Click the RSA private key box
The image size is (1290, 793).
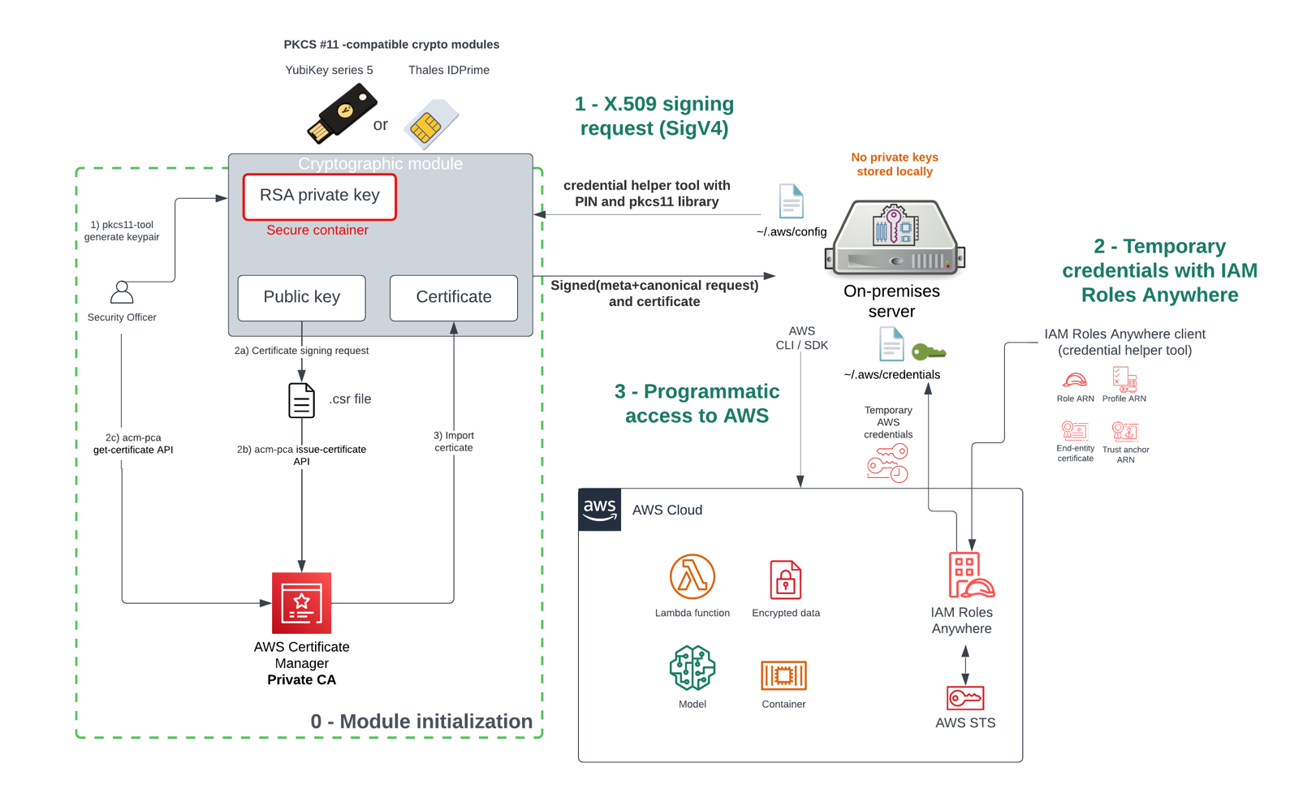319,196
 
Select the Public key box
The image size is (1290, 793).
301,297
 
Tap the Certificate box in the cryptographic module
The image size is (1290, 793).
453,297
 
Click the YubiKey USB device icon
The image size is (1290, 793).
342,114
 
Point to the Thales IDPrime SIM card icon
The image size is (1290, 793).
430,124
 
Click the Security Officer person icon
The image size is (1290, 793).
122,292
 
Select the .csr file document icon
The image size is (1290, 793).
301,400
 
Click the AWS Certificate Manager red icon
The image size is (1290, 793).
301,603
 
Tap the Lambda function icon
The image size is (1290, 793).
692,577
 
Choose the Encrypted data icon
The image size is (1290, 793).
785,580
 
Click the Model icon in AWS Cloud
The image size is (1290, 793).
692,668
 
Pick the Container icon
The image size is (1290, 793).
783,675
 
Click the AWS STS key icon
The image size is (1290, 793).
964,697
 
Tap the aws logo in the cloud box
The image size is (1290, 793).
599,510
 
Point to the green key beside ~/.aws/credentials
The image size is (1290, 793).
928,351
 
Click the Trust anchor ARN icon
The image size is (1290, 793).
1125,430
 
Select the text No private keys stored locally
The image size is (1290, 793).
894,164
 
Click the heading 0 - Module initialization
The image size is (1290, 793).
421,721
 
